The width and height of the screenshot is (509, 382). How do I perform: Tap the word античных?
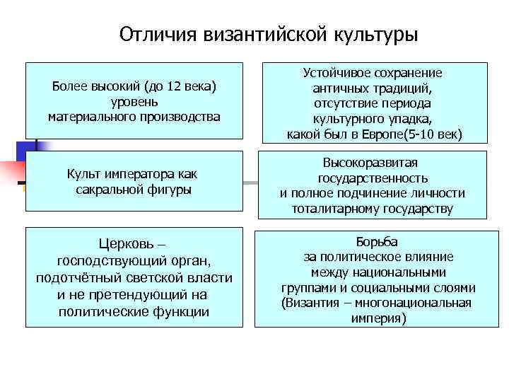click(341, 88)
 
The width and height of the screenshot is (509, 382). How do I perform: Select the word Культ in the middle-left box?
click(83, 174)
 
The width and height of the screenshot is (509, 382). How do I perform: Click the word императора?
click(143, 174)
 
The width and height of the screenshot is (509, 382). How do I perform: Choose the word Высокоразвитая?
click(372, 163)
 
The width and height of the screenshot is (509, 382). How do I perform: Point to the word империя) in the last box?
click(378, 318)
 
